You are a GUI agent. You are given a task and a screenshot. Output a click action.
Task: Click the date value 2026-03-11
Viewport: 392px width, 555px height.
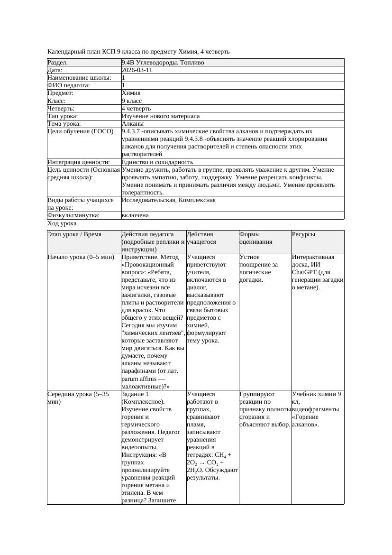(137, 70)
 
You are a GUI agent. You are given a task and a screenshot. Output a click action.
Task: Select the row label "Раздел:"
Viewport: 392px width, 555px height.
(58, 63)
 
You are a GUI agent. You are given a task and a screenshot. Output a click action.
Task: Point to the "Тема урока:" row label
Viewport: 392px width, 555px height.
(64, 124)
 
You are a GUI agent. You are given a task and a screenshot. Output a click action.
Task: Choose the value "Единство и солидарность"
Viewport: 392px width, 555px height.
(157, 162)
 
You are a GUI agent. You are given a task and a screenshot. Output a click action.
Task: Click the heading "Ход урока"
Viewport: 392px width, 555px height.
(62, 223)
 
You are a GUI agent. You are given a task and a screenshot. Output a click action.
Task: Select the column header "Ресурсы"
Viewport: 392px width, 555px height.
(303, 234)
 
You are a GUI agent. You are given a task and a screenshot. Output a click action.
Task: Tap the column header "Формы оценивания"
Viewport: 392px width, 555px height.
(256, 238)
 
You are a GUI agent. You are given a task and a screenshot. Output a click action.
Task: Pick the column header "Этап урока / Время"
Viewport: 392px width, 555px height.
(78, 234)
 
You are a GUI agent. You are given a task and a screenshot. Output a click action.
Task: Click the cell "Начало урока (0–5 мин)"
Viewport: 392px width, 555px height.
(81, 257)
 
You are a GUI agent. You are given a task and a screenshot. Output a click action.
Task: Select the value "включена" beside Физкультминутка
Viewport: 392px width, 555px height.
(135, 215)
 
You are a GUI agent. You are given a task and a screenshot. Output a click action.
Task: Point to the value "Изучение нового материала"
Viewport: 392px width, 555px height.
(161, 116)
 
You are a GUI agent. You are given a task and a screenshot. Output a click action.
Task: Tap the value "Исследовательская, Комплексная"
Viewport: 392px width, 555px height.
(169, 200)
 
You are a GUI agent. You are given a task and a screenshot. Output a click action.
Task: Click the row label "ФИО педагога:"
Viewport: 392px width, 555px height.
(69, 85)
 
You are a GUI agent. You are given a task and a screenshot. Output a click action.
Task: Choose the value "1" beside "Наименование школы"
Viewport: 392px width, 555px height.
(124, 78)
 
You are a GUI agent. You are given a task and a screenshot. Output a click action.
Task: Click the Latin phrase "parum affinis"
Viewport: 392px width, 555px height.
(140, 379)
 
